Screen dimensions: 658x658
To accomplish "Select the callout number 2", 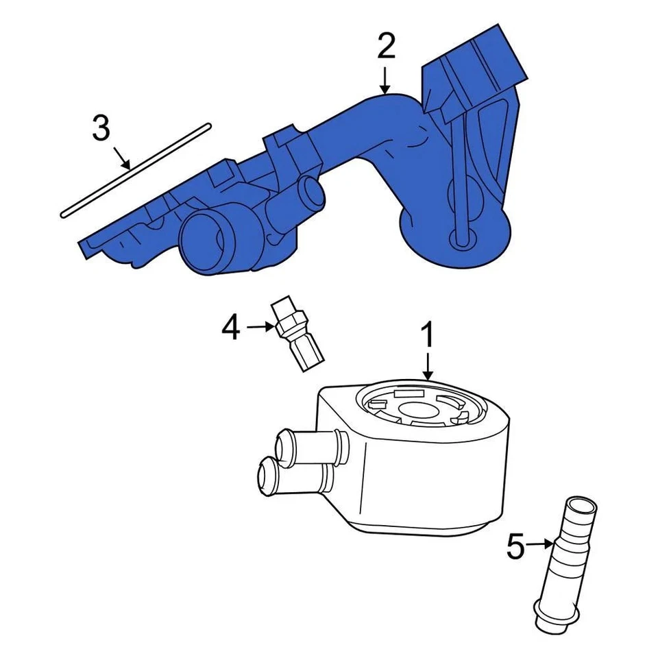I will pos(386,47).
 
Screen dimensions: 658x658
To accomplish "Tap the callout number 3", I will pos(101,128).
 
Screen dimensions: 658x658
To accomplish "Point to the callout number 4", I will pos(231,328).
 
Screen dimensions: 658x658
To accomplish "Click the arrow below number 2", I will pos(385,80).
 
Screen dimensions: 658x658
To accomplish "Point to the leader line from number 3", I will pos(121,157).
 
